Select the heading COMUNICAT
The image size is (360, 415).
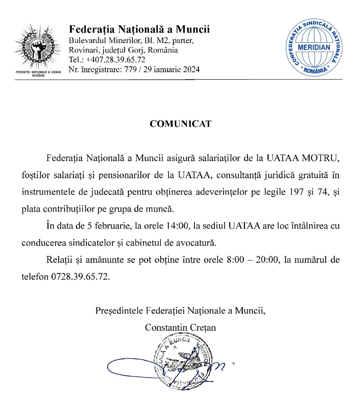click(180, 124)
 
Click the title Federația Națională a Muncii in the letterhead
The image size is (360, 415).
click(139, 30)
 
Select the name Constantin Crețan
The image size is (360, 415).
click(180, 327)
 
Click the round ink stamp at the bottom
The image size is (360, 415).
click(182, 362)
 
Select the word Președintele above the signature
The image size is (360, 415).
click(120, 311)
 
